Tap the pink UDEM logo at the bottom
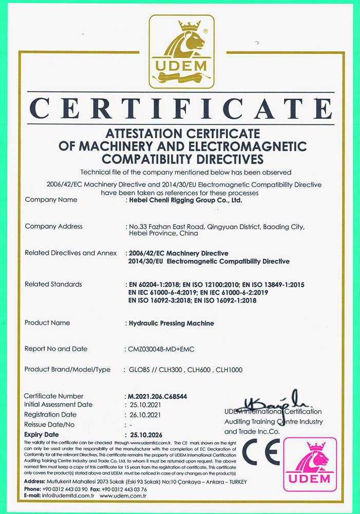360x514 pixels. point(310,464)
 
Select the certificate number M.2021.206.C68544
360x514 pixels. point(157,397)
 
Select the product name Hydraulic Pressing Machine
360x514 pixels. point(172,323)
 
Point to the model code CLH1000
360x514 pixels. point(229,370)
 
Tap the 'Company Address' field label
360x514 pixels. point(53,226)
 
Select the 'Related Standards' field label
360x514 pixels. point(53,284)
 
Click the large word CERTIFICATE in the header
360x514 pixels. point(180,107)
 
